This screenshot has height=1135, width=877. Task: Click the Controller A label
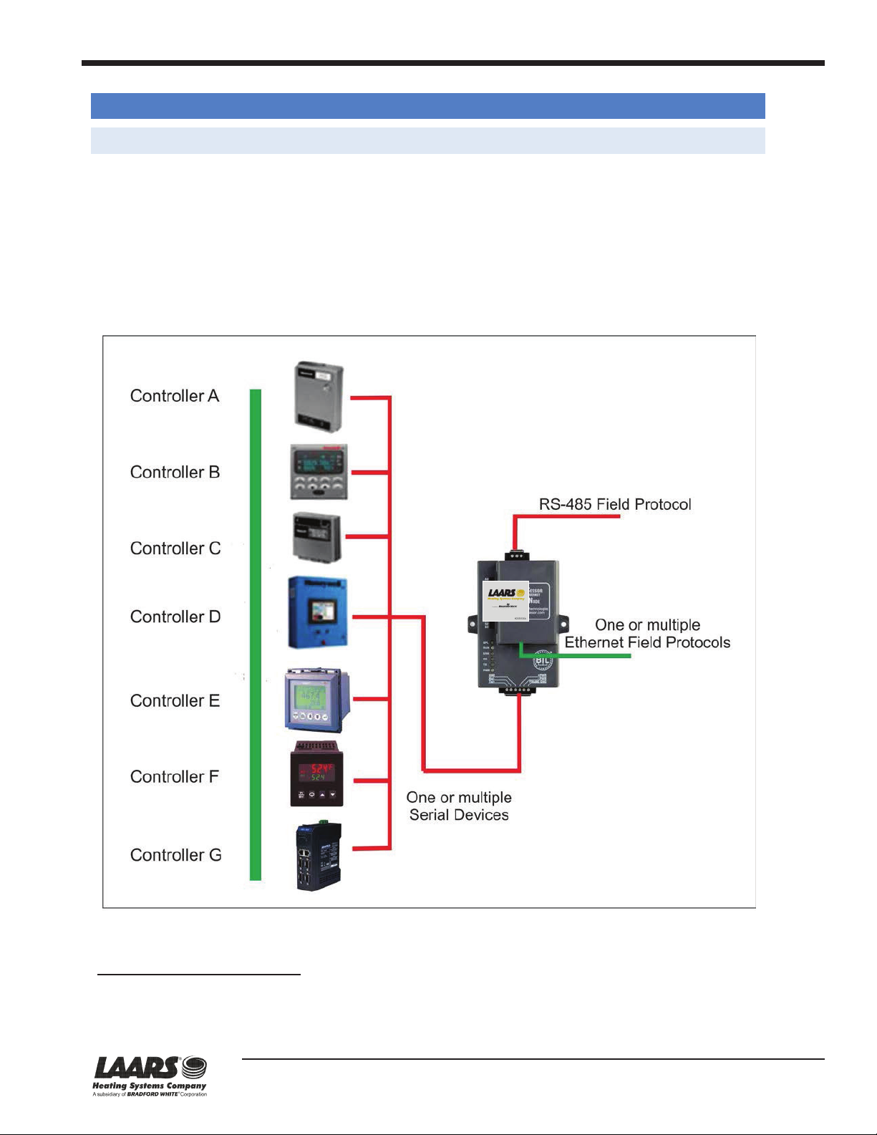point(174,396)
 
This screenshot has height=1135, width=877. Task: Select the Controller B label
point(175,473)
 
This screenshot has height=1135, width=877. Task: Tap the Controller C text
point(175,549)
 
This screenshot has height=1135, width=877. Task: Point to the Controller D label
point(175,617)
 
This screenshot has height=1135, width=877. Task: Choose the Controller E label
point(175,701)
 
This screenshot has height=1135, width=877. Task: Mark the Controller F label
point(174,777)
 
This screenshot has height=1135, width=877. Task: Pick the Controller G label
point(175,855)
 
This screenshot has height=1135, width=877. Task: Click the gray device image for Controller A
point(319,396)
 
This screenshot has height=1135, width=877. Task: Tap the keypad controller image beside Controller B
point(319,472)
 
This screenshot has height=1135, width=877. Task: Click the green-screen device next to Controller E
point(316,700)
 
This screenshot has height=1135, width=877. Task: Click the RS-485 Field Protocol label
point(615,504)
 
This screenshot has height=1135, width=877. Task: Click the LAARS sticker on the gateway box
point(505,601)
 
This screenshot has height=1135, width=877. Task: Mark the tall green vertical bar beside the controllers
point(256,634)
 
